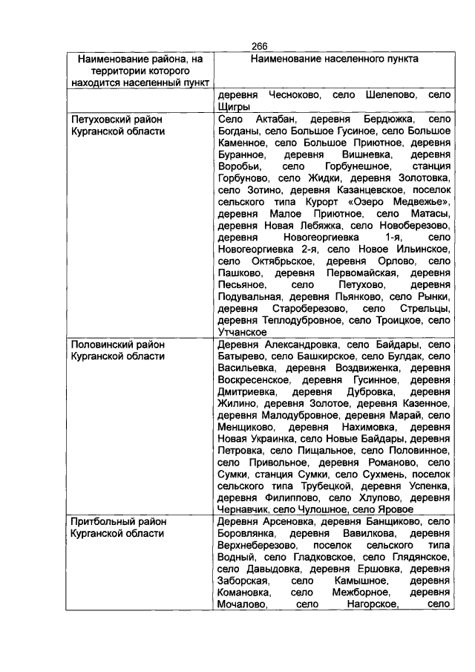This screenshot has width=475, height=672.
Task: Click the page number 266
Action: point(260,46)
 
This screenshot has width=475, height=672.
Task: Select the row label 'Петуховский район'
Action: point(116,119)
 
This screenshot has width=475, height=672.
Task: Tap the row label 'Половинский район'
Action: point(117,345)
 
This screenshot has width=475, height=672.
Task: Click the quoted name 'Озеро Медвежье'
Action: point(390,202)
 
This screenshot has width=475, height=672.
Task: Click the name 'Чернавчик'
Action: point(243,510)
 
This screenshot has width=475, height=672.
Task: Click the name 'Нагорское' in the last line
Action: point(372,605)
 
